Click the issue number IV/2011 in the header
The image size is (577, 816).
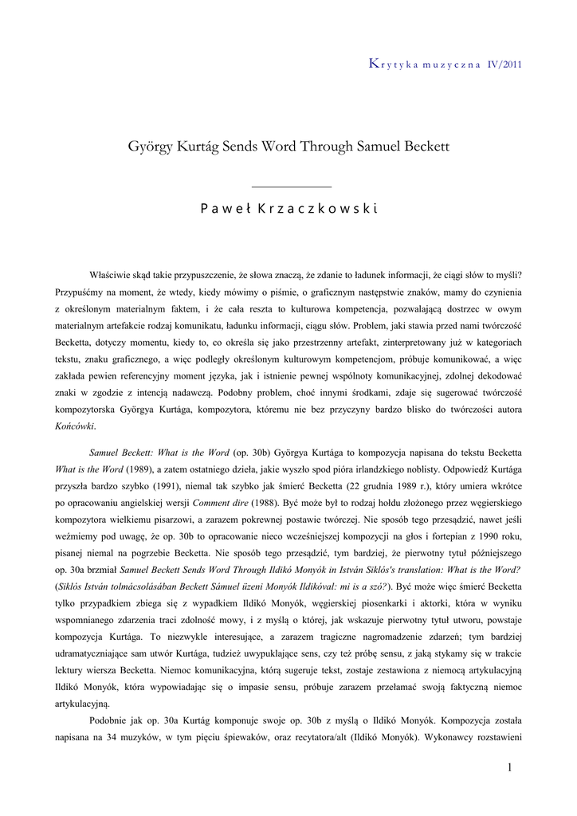point(504,65)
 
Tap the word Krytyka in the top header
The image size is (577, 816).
point(393,65)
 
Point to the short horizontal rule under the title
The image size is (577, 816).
point(290,186)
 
